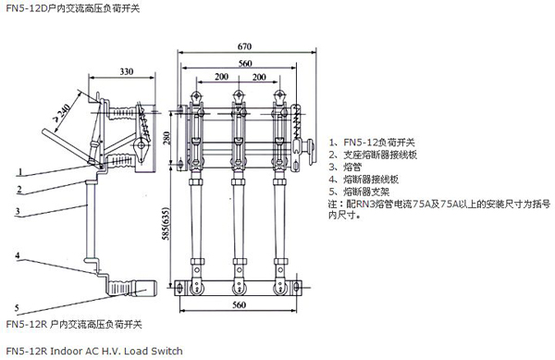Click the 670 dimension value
[x=244, y=46]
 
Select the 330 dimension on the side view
[x=127, y=72]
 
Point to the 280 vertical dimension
[x=166, y=138]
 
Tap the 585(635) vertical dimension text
[x=166, y=223]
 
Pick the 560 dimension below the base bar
[x=239, y=304]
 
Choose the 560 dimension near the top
[x=245, y=63]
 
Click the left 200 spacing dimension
[x=222, y=77]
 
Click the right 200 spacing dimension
[x=259, y=77]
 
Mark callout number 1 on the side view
[x=20, y=172]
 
